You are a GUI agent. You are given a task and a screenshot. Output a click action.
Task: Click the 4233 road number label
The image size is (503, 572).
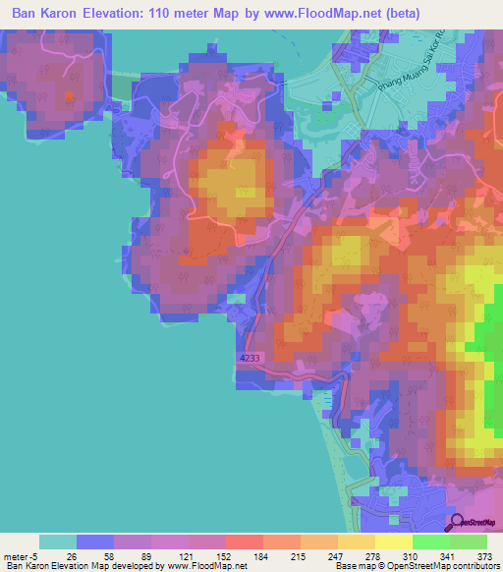(x=249, y=360)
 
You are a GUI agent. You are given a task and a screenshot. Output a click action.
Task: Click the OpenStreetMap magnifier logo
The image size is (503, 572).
(x=455, y=523)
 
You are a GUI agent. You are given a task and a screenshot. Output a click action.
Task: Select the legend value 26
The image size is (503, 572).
(x=72, y=554)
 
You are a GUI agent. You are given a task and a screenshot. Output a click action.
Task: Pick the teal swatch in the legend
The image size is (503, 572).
(x=57, y=542)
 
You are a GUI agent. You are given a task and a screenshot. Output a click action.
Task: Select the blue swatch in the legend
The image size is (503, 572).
(x=94, y=542)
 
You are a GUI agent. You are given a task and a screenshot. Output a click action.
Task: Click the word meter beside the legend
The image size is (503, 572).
(x=17, y=554)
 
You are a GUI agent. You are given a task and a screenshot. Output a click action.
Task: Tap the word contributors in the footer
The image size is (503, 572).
(x=473, y=566)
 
